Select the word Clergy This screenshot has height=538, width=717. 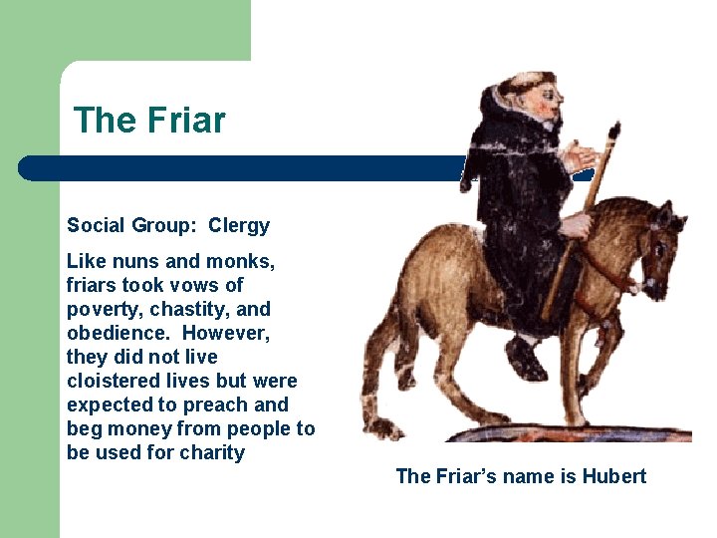[239, 225]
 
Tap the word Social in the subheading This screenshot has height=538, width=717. [96, 225]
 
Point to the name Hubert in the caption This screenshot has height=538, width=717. [613, 476]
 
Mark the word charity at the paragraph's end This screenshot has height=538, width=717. [212, 452]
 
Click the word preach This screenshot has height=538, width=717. [228, 404]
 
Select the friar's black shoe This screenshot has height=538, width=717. [525, 358]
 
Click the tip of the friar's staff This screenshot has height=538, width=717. [613, 130]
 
